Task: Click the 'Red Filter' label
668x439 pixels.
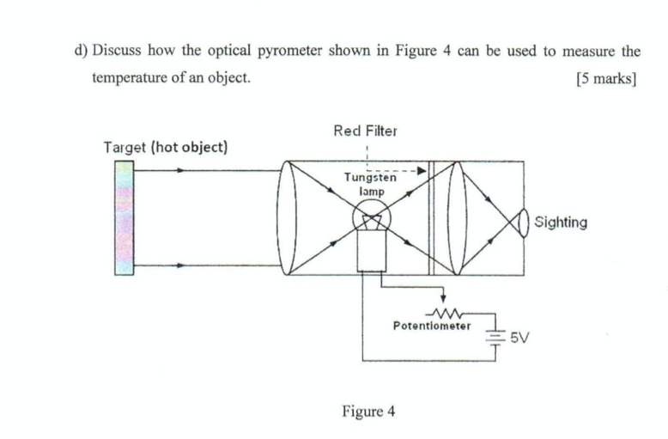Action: (x=365, y=131)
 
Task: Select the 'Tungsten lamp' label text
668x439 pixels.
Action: (x=370, y=185)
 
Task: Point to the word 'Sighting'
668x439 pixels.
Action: (x=561, y=223)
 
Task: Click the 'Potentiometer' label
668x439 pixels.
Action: (x=431, y=326)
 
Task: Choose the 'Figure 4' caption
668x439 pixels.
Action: (x=367, y=411)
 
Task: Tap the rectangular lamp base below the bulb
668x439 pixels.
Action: (x=372, y=253)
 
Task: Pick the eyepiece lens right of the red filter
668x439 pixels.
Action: (x=462, y=217)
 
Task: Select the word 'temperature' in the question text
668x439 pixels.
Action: (x=131, y=78)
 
